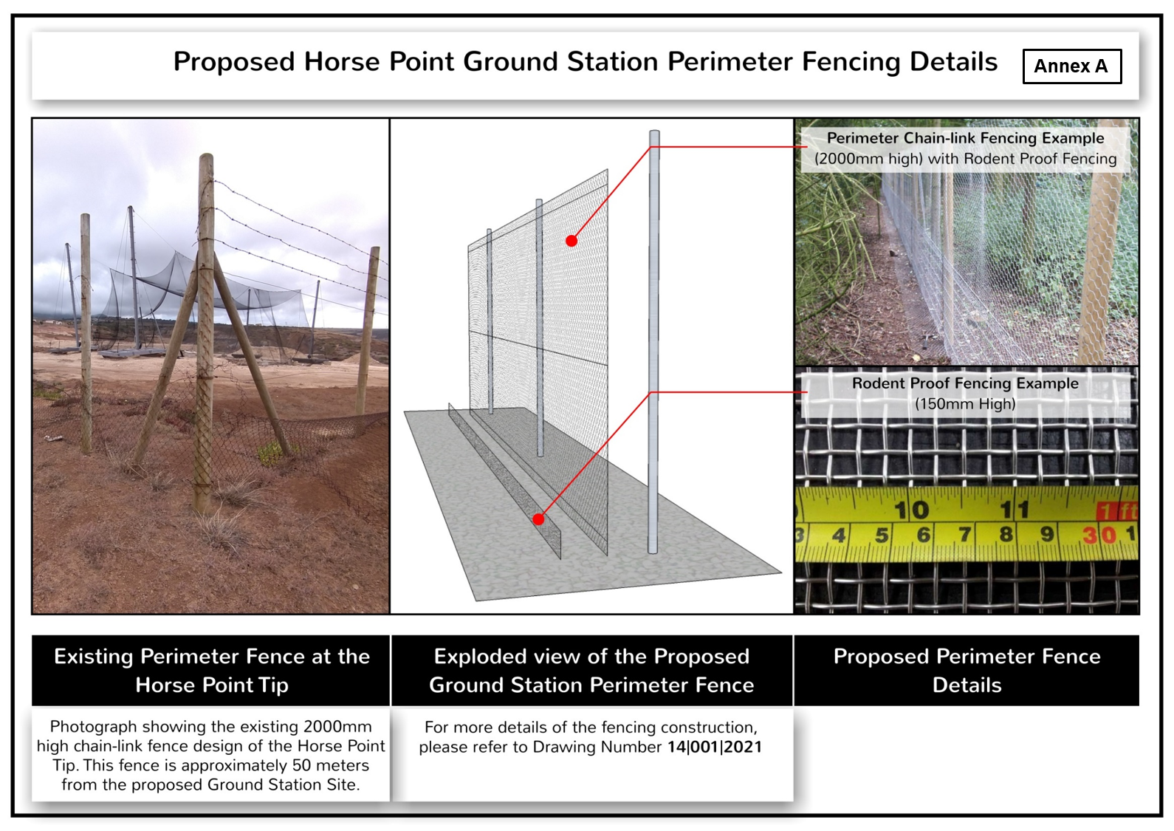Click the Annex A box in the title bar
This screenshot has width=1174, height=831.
[1072, 66]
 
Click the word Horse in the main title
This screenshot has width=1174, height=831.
[343, 61]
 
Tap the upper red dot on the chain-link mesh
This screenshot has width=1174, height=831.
[571, 241]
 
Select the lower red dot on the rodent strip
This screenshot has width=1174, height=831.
[538, 519]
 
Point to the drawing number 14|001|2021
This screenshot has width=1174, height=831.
[714, 747]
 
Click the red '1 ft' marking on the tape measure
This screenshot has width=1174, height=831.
[1117, 511]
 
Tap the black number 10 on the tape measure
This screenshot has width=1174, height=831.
[911, 510]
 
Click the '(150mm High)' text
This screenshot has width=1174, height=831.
[965, 404]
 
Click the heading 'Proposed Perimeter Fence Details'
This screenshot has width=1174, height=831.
[967, 671]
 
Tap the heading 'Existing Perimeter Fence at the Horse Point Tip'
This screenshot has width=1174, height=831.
[212, 671]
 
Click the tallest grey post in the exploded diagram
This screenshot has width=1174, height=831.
[653, 342]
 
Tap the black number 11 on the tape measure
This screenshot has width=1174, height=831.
[1015, 509]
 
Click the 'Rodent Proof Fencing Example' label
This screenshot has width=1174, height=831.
[965, 383]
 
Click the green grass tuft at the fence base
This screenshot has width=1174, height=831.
[272, 452]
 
